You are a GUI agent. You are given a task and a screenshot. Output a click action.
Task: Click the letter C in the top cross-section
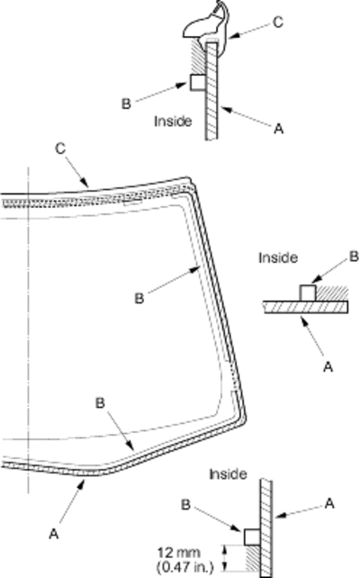278,22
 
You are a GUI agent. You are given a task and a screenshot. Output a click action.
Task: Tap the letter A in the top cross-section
279,129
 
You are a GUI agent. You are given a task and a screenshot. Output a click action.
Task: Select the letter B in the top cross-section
126,104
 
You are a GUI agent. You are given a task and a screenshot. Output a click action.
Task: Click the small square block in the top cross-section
197,82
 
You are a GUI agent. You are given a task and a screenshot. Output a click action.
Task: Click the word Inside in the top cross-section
173,121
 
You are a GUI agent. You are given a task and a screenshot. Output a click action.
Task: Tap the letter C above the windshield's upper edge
60,149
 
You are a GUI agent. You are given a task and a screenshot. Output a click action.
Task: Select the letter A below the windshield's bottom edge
54,533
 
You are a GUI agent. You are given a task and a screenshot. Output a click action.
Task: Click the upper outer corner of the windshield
189,178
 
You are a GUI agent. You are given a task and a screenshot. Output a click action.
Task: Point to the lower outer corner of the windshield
245,420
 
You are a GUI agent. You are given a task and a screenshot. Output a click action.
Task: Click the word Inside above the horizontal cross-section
278,257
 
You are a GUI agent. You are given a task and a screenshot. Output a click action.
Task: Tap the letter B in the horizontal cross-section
354,257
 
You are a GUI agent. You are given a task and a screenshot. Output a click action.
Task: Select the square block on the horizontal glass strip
307,293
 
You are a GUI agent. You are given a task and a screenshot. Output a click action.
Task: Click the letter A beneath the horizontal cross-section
328,366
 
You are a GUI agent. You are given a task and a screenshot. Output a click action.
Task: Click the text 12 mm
179,552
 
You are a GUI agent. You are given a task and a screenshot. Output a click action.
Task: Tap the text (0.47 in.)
185,565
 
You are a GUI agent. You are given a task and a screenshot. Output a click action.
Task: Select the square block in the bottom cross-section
252,537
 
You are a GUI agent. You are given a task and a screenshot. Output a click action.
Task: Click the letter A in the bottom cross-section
329,503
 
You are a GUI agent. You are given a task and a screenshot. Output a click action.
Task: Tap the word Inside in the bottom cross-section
228,474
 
